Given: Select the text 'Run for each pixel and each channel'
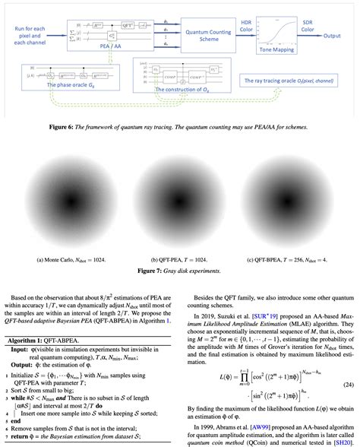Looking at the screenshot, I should (30, 35).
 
